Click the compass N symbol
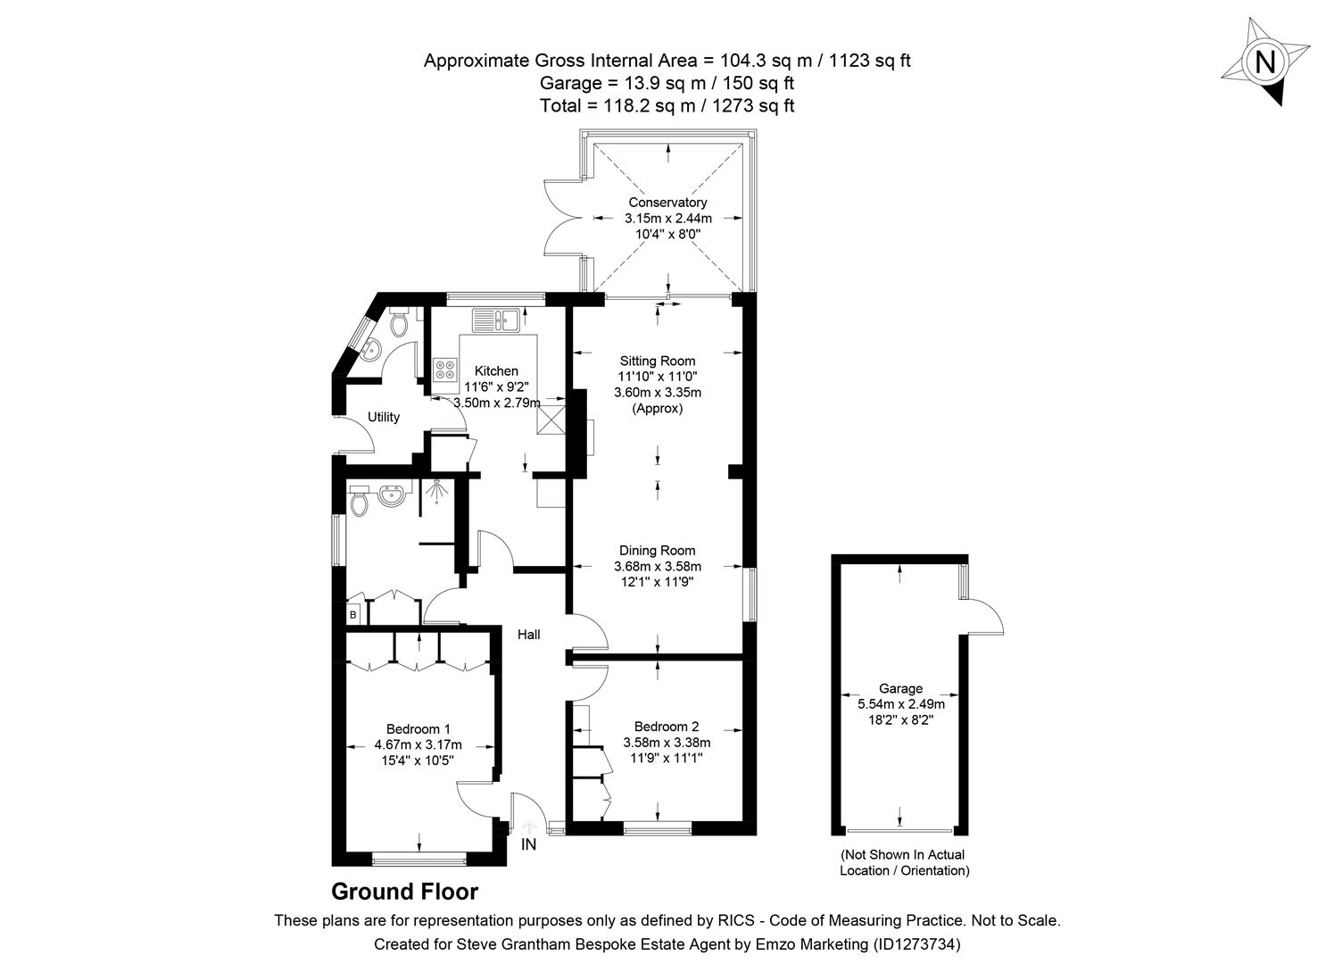click(x=1265, y=62)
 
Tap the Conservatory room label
click(x=667, y=203)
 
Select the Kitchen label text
click(x=496, y=371)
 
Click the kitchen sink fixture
click(x=497, y=319)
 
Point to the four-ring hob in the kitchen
click(x=444, y=370)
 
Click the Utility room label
click(x=384, y=417)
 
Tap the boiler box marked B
click(x=353, y=614)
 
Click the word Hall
click(x=529, y=635)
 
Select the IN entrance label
click(x=529, y=844)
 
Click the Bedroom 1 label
click(x=418, y=728)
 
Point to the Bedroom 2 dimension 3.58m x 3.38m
click(x=667, y=743)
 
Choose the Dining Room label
click(x=658, y=551)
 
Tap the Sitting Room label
click(x=658, y=361)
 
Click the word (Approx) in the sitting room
click(x=658, y=409)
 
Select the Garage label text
click(x=900, y=688)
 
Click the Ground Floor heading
click(x=404, y=892)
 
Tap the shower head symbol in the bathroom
click(x=437, y=490)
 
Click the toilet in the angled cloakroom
click(x=399, y=319)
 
